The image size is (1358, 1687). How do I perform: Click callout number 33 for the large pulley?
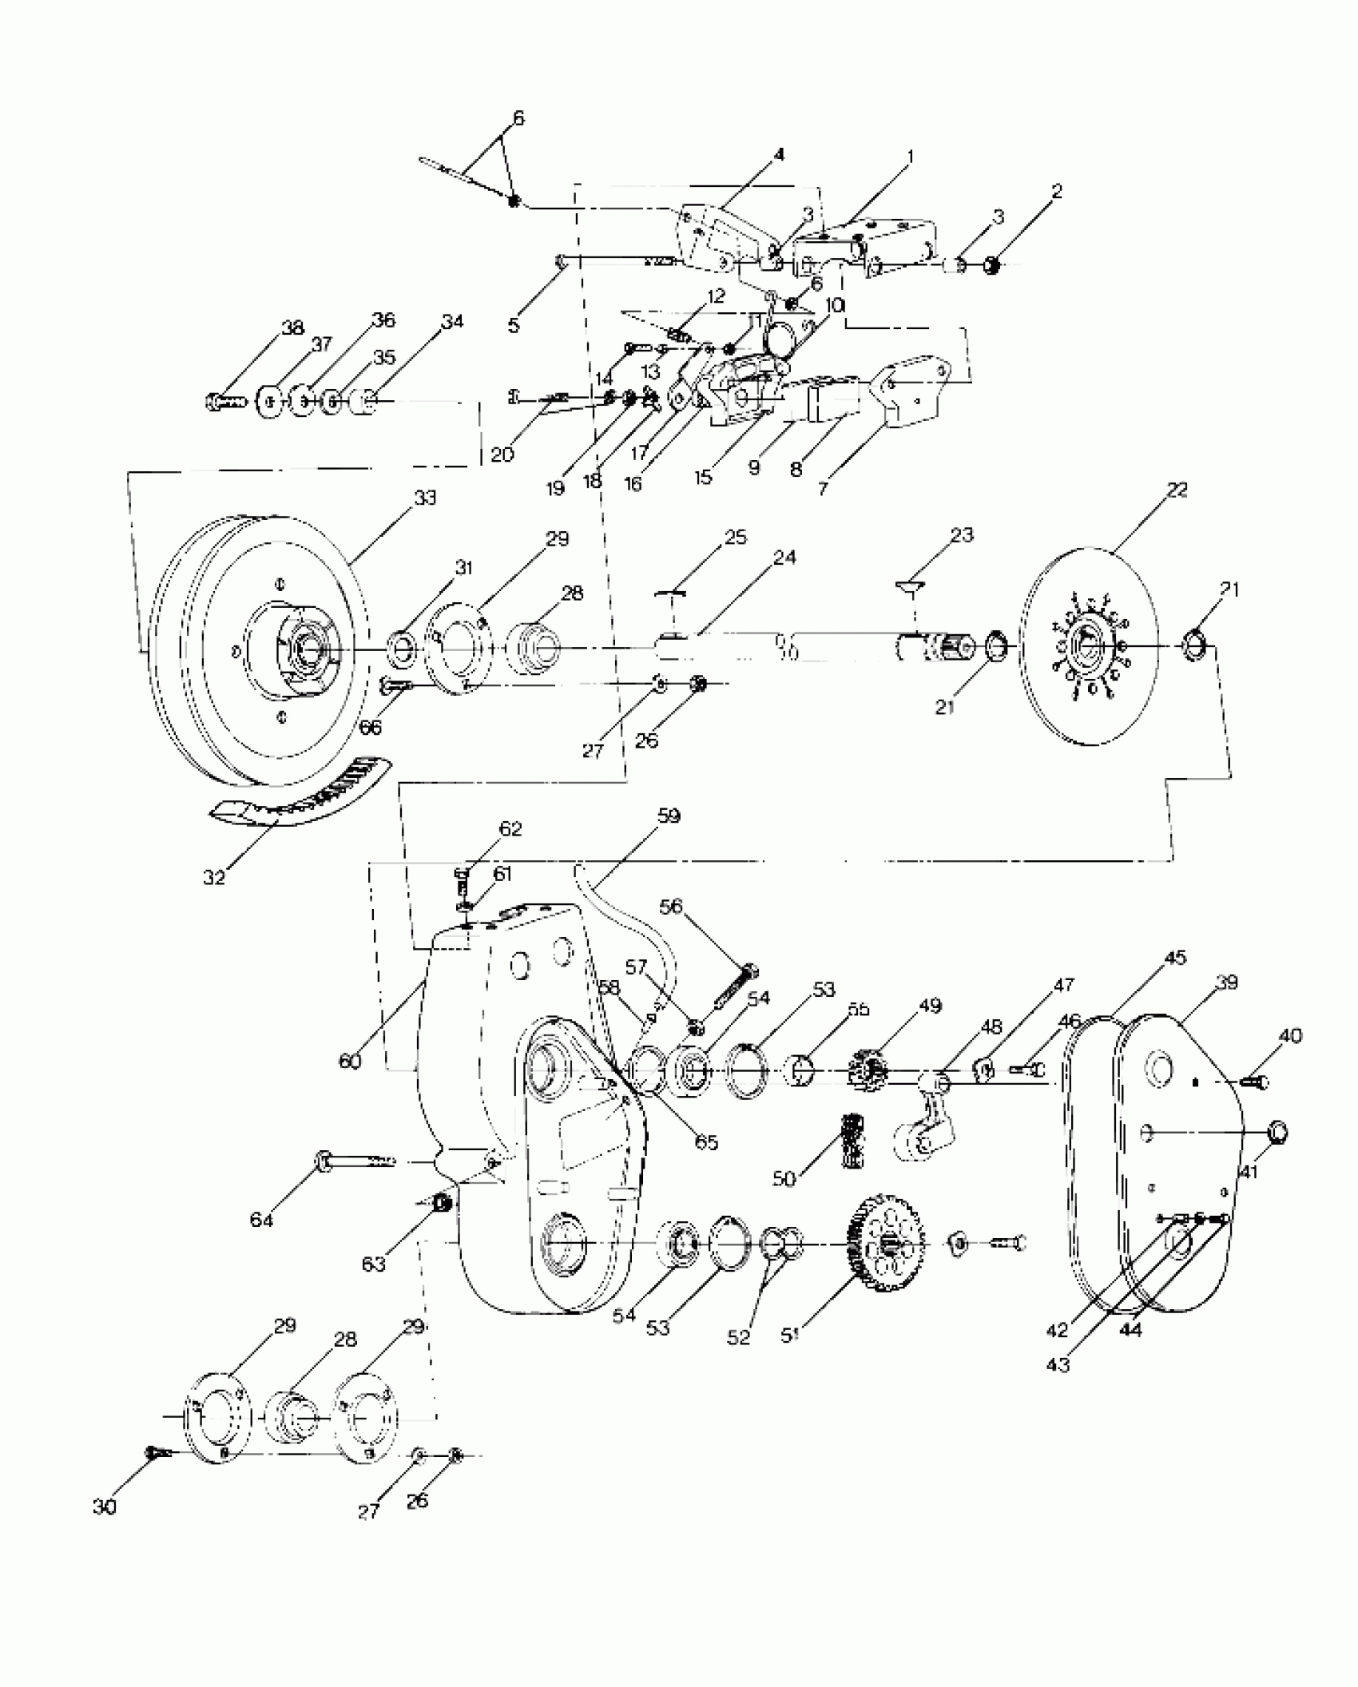coord(425,498)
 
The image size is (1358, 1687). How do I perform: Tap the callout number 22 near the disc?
coord(1177,490)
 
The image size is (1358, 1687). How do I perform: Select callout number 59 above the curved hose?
coord(669,816)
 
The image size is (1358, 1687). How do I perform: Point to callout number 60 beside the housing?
coord(350,1061)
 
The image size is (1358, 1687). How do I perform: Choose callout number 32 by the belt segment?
coord(214,876)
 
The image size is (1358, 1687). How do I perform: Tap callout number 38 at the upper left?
coord(292,327)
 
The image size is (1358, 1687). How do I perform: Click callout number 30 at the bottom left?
coord(105,1506)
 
